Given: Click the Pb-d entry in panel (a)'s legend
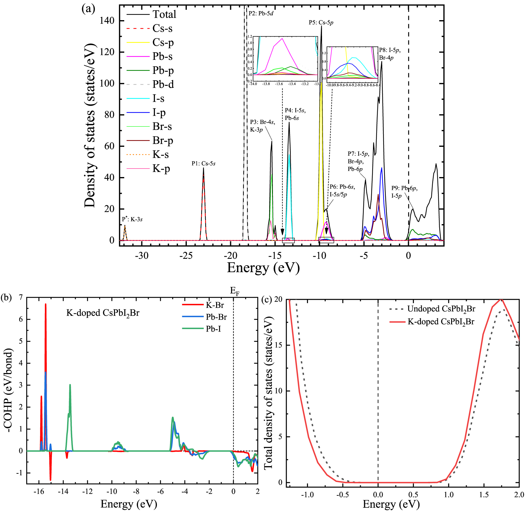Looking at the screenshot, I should pos(163,84).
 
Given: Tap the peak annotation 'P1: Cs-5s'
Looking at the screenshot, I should pos(203,164).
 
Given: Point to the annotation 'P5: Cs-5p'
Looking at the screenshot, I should pos(321,23).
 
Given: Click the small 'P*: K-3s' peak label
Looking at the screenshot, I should pos(132,219).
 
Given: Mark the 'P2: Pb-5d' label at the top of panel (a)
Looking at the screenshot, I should pos(261,13).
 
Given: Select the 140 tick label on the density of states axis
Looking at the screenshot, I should pos(107,21).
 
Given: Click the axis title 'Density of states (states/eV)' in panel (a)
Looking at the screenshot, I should pos(90,125).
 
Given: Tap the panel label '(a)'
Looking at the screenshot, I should pos(88,9).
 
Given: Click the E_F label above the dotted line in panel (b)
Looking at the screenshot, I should pos(234,291).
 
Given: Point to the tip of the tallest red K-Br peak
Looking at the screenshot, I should pos(45,304).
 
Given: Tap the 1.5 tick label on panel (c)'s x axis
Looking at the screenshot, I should pos(484,494).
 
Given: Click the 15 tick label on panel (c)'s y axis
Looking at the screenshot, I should pos(278,345).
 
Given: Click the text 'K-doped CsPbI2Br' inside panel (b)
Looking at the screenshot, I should pos(103,313).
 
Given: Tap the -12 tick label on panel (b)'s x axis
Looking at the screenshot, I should pos(87,491).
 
